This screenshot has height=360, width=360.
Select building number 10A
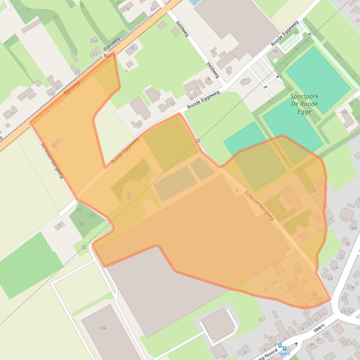[x=103, y=328]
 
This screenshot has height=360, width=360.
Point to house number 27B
[x=125, y=9]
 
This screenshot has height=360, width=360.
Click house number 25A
[x=94, y=41]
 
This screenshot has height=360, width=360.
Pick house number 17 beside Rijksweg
[x=12, y=114]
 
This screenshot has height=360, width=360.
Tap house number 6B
[x=344, y=112]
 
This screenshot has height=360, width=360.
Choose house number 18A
[x=353, y=228]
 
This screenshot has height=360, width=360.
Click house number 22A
[x=335, y=267]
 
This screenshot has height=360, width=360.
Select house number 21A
[x=351, y=288]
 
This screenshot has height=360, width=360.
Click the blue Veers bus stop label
[x=284, y=354]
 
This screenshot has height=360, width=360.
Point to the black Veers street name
[x=319, y=328]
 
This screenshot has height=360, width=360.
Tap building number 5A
[x=275, y=50]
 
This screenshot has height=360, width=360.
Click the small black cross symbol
[x=295, y=344]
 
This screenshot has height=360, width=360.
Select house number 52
[x=351, y=311]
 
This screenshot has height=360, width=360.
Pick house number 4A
[x=312, y=345]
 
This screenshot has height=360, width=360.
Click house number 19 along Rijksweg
[x=50, y=94]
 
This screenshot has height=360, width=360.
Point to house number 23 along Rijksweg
[x=77, y=72]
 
